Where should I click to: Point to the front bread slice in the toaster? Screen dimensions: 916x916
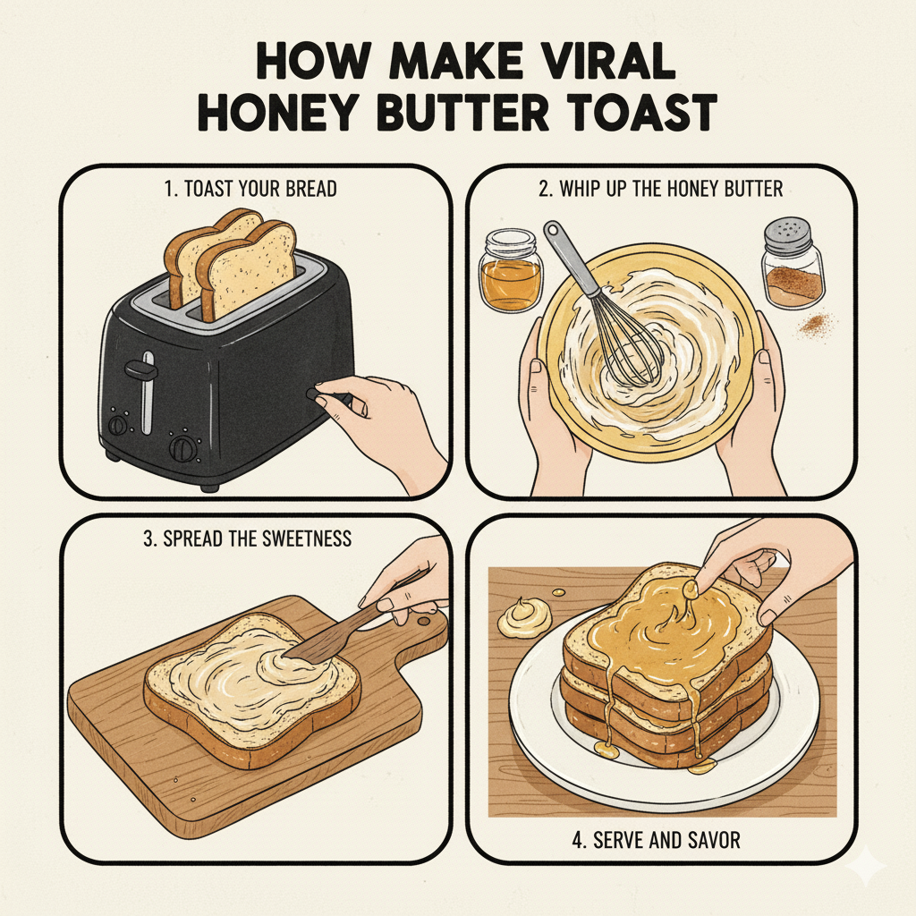tap(248, 267)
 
